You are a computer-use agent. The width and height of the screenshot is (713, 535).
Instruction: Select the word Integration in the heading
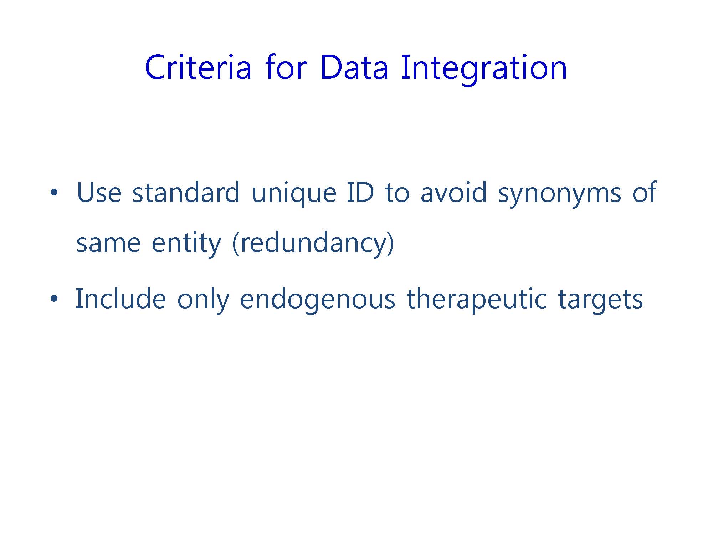484,70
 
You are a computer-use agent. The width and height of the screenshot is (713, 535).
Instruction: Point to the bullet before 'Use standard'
54,193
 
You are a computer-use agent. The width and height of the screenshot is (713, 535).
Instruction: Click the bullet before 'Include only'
54,299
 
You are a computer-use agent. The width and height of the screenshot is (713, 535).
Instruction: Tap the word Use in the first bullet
99,192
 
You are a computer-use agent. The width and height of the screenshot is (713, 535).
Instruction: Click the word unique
294,194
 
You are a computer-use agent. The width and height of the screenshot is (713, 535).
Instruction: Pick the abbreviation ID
360,192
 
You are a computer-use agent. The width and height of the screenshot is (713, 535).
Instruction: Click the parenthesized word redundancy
313,244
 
